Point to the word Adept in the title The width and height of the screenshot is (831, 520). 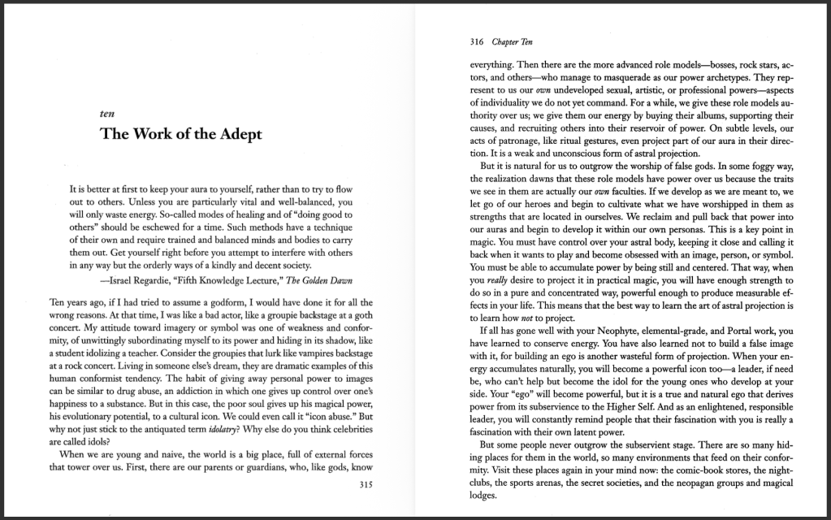(x=236, y=135)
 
